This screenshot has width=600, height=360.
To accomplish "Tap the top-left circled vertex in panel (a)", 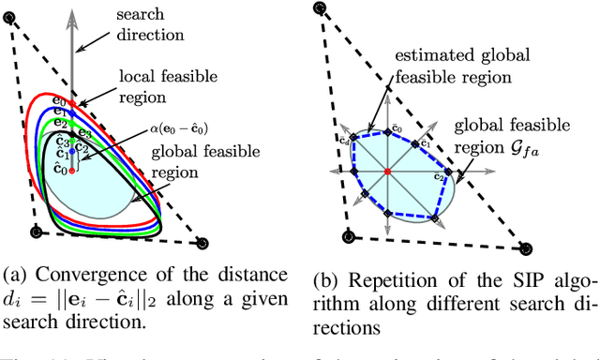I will click(x=10, y=10).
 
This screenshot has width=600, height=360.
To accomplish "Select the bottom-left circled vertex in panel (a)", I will click(x=37, y=232).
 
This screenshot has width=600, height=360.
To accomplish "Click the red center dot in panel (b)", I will click(x=387, y=172).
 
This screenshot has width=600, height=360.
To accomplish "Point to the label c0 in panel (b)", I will click(x=397, y=127).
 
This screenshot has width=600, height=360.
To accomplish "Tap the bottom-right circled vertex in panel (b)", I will click(x=525, y=248).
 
